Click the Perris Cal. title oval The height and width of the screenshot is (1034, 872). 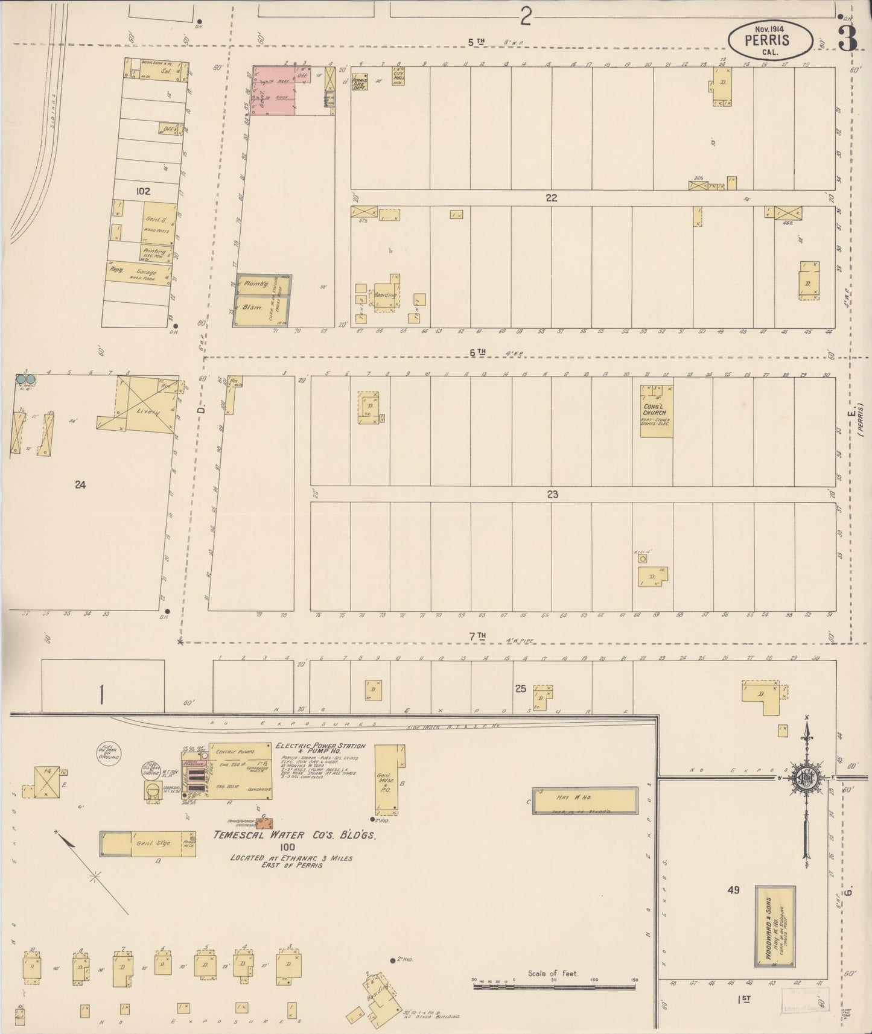pyautogui.click(x=769, y=40)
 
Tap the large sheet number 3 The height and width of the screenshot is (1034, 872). pyautogui.click(x=848, y=40)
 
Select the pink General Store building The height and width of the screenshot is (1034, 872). pyautogui.click(x=273, y=90)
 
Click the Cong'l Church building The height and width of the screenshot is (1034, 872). pyautogui.click(x=656, y=411)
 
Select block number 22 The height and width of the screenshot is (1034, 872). pyautogui.click(x=551, y=197)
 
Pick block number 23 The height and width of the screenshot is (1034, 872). pyautogui.click(x=552, y=494)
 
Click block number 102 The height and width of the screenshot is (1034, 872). pyautogui.click(x=143, y=191)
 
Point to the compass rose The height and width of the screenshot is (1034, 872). pyautogui.click(x=806, y=778)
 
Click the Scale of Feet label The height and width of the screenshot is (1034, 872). pyautogui.click(x=552, y=973)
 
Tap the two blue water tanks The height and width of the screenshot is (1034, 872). pyautogui.click(x=25, y=379)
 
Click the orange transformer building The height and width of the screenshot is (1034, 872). pyautogui.click(x=263, y=823)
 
